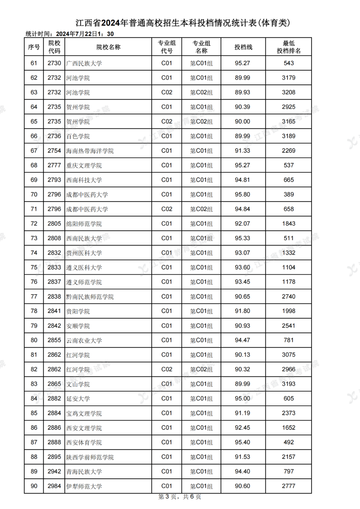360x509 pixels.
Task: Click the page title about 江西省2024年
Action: click(183, 23)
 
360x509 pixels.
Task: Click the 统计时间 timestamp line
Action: click(70, 34)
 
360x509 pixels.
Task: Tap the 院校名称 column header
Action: click(108, 47)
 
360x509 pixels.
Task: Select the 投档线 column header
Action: click(243, 47)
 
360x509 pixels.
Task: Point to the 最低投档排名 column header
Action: click(288, 47)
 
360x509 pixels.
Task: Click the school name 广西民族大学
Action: click(84, 63)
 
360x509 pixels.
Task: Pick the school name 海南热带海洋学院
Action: click(90, 151)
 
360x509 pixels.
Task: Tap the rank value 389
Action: click(289, 194)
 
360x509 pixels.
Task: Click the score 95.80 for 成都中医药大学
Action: click(242, 194)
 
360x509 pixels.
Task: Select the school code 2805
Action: click(54, 224)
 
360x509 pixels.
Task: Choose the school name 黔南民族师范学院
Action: click(90, 297)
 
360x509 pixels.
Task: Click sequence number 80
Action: click(34, 340)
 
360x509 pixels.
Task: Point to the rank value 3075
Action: click(289, 355)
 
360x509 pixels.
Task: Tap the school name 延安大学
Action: click(78, 399)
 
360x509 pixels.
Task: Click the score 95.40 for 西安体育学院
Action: click(242, 442)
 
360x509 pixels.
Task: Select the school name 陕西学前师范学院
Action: click(90, 457)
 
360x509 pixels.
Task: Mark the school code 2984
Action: click(54, 486)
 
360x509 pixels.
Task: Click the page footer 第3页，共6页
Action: click(180, 497)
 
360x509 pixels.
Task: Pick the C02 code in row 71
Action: click(167, 209)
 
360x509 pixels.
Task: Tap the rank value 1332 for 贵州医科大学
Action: click(289, 253)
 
